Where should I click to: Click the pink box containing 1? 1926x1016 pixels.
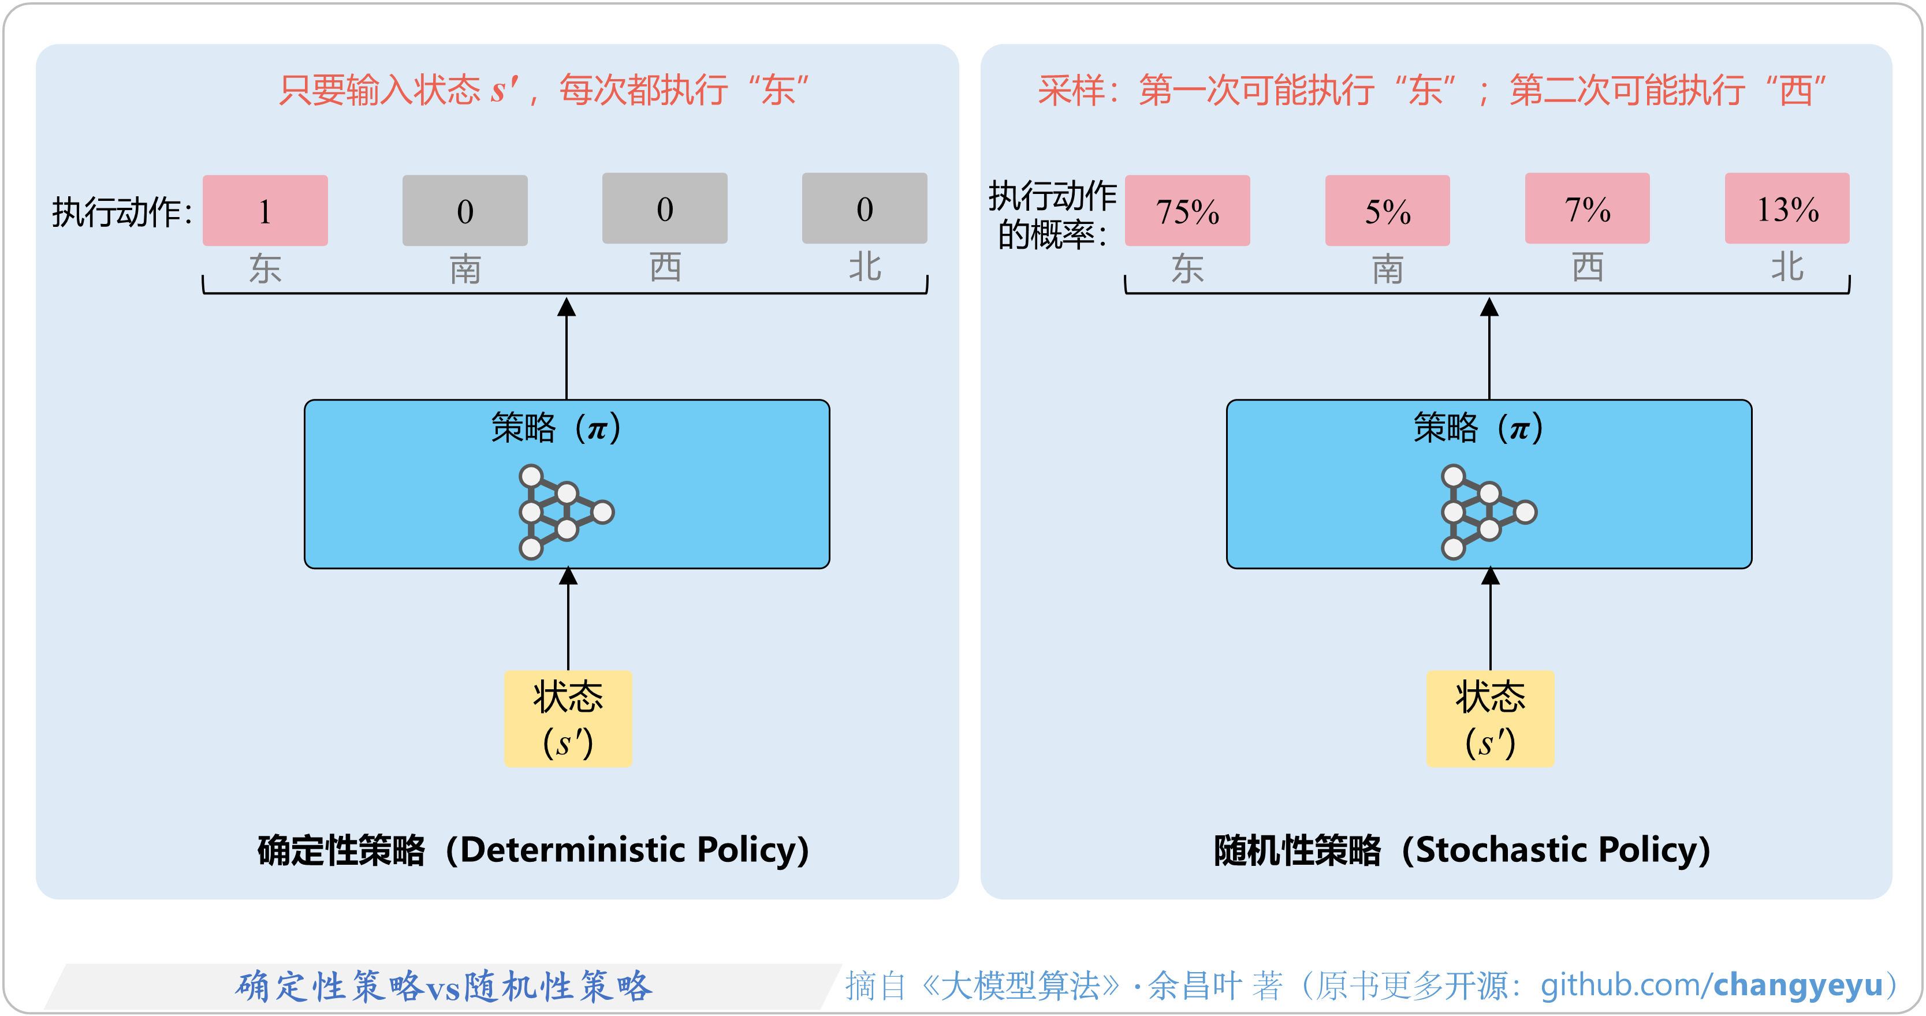pos(265,210)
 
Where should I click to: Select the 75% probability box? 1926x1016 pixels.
pos(1187,210)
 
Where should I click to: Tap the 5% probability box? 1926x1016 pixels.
pos(1387,210)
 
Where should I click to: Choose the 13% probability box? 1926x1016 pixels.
pos(1787,208)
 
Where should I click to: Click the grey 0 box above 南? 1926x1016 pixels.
pos(464,210)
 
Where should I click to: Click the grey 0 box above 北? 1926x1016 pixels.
pos(865,208)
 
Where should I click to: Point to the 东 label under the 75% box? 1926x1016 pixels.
pos(1187,268)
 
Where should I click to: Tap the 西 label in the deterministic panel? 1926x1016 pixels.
pos(665,267)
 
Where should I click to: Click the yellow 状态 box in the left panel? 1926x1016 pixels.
pos(568,718)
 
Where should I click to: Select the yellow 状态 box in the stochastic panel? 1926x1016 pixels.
pos(1489,718)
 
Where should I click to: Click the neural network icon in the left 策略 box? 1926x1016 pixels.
pos(565,512)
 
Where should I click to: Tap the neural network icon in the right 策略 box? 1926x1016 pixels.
pos(1488,512)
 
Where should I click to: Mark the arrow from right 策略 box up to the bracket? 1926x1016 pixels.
pos(1489,348)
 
